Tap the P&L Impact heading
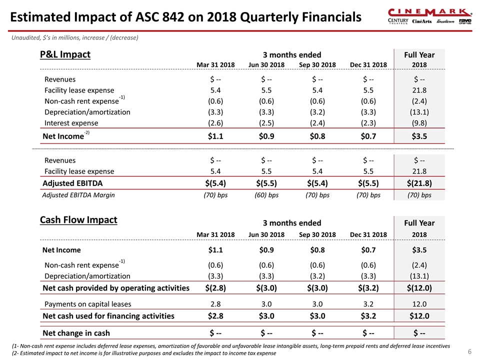pos(65,54)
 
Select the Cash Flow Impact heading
pos(78,219)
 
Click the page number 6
pos(469,351)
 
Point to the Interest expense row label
pos(71,123)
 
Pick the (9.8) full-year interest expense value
pos(419,123)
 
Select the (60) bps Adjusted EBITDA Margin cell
pos(266,195)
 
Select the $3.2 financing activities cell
pos(368,315)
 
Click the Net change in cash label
pos(76,333)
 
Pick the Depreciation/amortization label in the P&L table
pos(87,112)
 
